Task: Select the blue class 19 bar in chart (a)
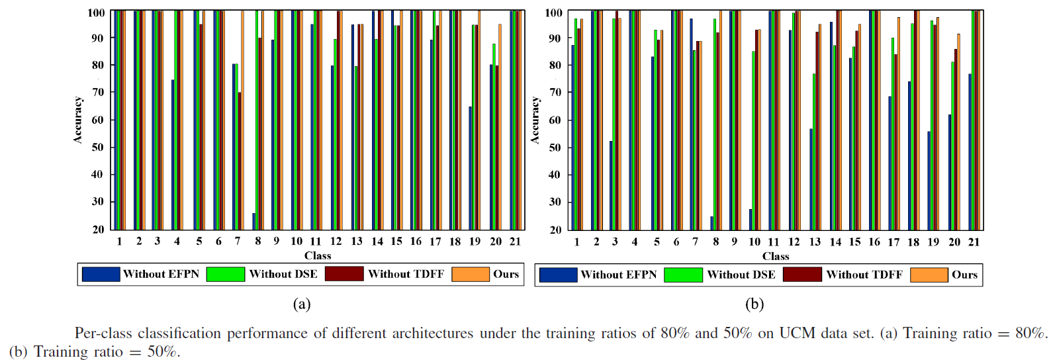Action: tap(471, 168)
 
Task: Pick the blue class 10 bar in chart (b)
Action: tap(751, 219)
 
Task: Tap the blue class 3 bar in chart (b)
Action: tap(611, 185)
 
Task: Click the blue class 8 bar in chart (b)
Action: tap(712, 223)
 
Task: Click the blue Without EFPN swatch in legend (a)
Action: tap(101, 274)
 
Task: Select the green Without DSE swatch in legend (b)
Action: tap(683, 275)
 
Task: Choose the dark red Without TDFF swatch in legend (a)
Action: tap(344, 274)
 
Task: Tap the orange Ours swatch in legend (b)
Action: tap(929, 275)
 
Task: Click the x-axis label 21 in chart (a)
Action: tap(515, 242)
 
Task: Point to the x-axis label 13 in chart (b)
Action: tap(815, 242)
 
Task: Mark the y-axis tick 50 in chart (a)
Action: tap(97, 148)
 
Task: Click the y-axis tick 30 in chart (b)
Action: tap(555, 202)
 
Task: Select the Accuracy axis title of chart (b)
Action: tap(535, 120)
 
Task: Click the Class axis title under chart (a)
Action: tap(318, 255)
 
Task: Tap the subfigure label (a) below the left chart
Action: tap(302, 304)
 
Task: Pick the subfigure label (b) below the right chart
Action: tap(754, 304)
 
